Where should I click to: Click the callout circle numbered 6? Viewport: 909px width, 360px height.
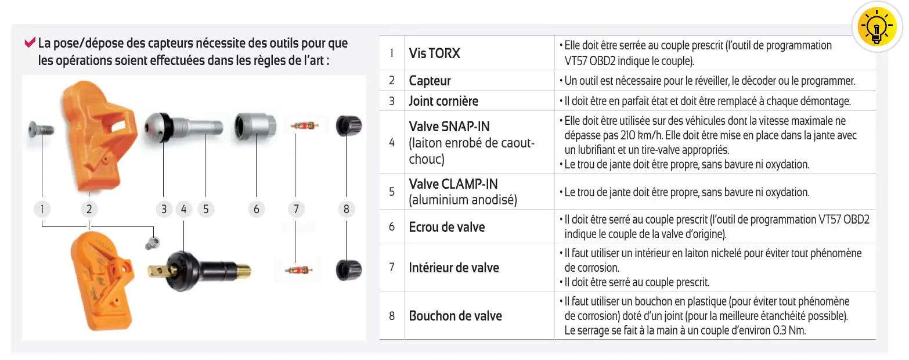tap(256, 209)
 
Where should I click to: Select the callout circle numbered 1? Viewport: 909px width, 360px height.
tap(42, 209)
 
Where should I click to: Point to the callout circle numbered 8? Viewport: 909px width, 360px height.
tap(346, 209)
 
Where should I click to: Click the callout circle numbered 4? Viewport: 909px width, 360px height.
tap(183, 209)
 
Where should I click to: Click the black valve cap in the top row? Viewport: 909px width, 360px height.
tap(348, 125)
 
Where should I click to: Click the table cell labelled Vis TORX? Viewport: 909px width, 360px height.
tap(434, 53)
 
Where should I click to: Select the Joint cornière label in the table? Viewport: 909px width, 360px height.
tap(443, 101)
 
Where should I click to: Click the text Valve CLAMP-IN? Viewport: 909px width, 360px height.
tap(453, 185)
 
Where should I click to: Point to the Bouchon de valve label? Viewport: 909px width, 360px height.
tap(455, 316)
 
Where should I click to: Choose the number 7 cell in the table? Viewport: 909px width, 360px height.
tap(392, 268)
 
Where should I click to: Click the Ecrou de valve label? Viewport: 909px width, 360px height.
tap(446, 227)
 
